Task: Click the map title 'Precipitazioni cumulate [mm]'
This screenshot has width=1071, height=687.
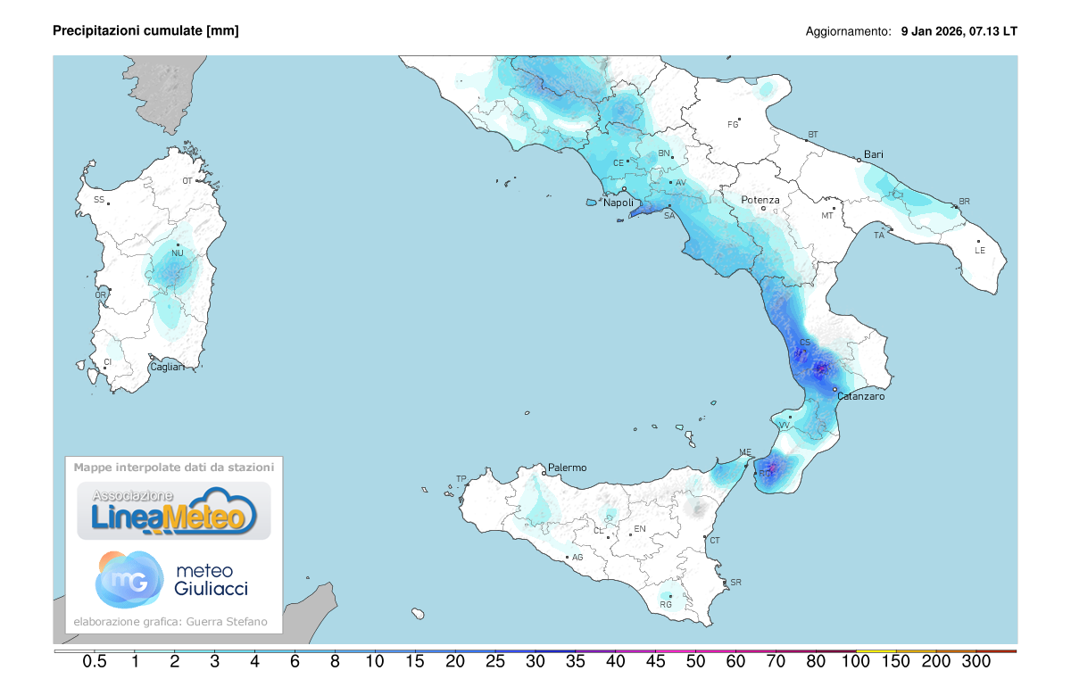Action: (x=145, y=31)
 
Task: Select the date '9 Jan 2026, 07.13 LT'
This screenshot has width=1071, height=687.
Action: (x=959, y=31)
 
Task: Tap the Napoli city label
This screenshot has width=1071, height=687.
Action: (x=619, y=203)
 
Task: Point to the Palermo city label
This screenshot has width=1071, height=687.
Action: (x=568, y=468)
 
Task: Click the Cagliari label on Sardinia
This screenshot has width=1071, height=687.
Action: (x=167, y=367)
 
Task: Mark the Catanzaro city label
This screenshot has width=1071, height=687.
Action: (x=860, y=396)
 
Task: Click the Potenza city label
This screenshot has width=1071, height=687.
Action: (x=760, y=200)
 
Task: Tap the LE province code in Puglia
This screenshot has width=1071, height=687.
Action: (x=980, y=251)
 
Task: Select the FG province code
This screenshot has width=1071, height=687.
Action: (x=734, y=124)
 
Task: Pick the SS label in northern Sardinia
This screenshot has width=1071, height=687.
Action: (x=99, y=199)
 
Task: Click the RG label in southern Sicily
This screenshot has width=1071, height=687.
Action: (x=665, y=604)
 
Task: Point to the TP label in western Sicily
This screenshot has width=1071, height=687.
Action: (x=461, y=479)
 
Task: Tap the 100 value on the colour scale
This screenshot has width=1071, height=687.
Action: (x=856, y=662)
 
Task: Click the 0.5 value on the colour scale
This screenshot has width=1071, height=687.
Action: (x=95, y=662)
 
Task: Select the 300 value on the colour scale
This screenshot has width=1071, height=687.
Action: (x=976, y=662)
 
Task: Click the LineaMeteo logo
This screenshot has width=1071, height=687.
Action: (x=174, y=511)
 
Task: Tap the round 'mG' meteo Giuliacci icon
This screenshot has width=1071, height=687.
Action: (x=129, y=578)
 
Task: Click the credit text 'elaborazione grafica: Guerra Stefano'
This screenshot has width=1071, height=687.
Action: (x=170, y=622)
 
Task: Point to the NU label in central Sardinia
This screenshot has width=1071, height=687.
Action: (x=178, y=253)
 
